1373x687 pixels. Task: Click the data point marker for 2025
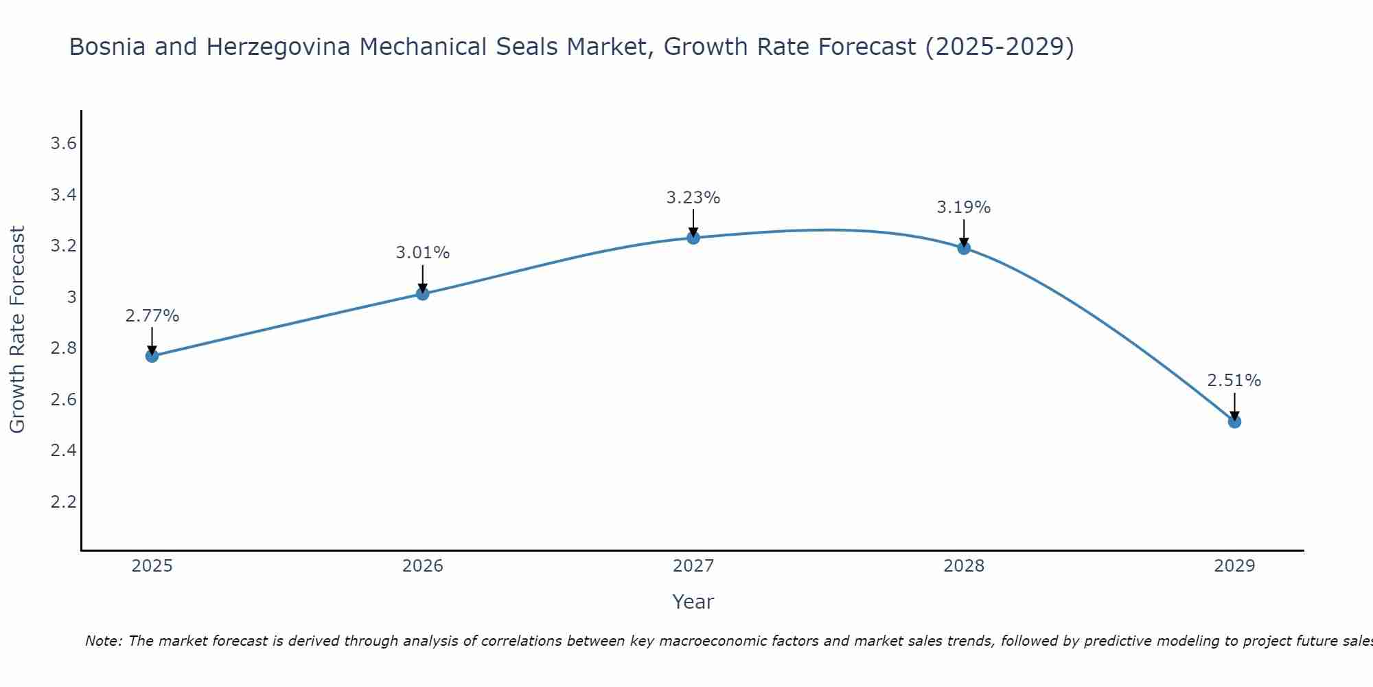152,356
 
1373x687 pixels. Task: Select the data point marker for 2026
422,294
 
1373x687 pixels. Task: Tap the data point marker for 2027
693,238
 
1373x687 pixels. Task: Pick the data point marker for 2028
964,248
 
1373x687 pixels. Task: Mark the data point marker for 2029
1234,421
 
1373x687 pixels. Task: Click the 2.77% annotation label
152,316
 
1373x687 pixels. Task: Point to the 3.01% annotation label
422,253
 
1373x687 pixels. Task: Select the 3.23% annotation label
693,198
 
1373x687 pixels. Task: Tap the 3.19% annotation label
964,207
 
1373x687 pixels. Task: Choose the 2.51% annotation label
1234,381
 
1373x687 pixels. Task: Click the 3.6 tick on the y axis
63,144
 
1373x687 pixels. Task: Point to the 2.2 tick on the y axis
63,502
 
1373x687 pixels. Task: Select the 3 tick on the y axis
71,297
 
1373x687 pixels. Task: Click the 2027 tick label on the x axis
693,566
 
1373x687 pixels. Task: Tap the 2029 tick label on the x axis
1234,566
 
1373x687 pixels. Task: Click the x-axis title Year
693,602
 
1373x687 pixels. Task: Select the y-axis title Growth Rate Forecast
18,330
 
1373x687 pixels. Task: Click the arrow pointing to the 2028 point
964,233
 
